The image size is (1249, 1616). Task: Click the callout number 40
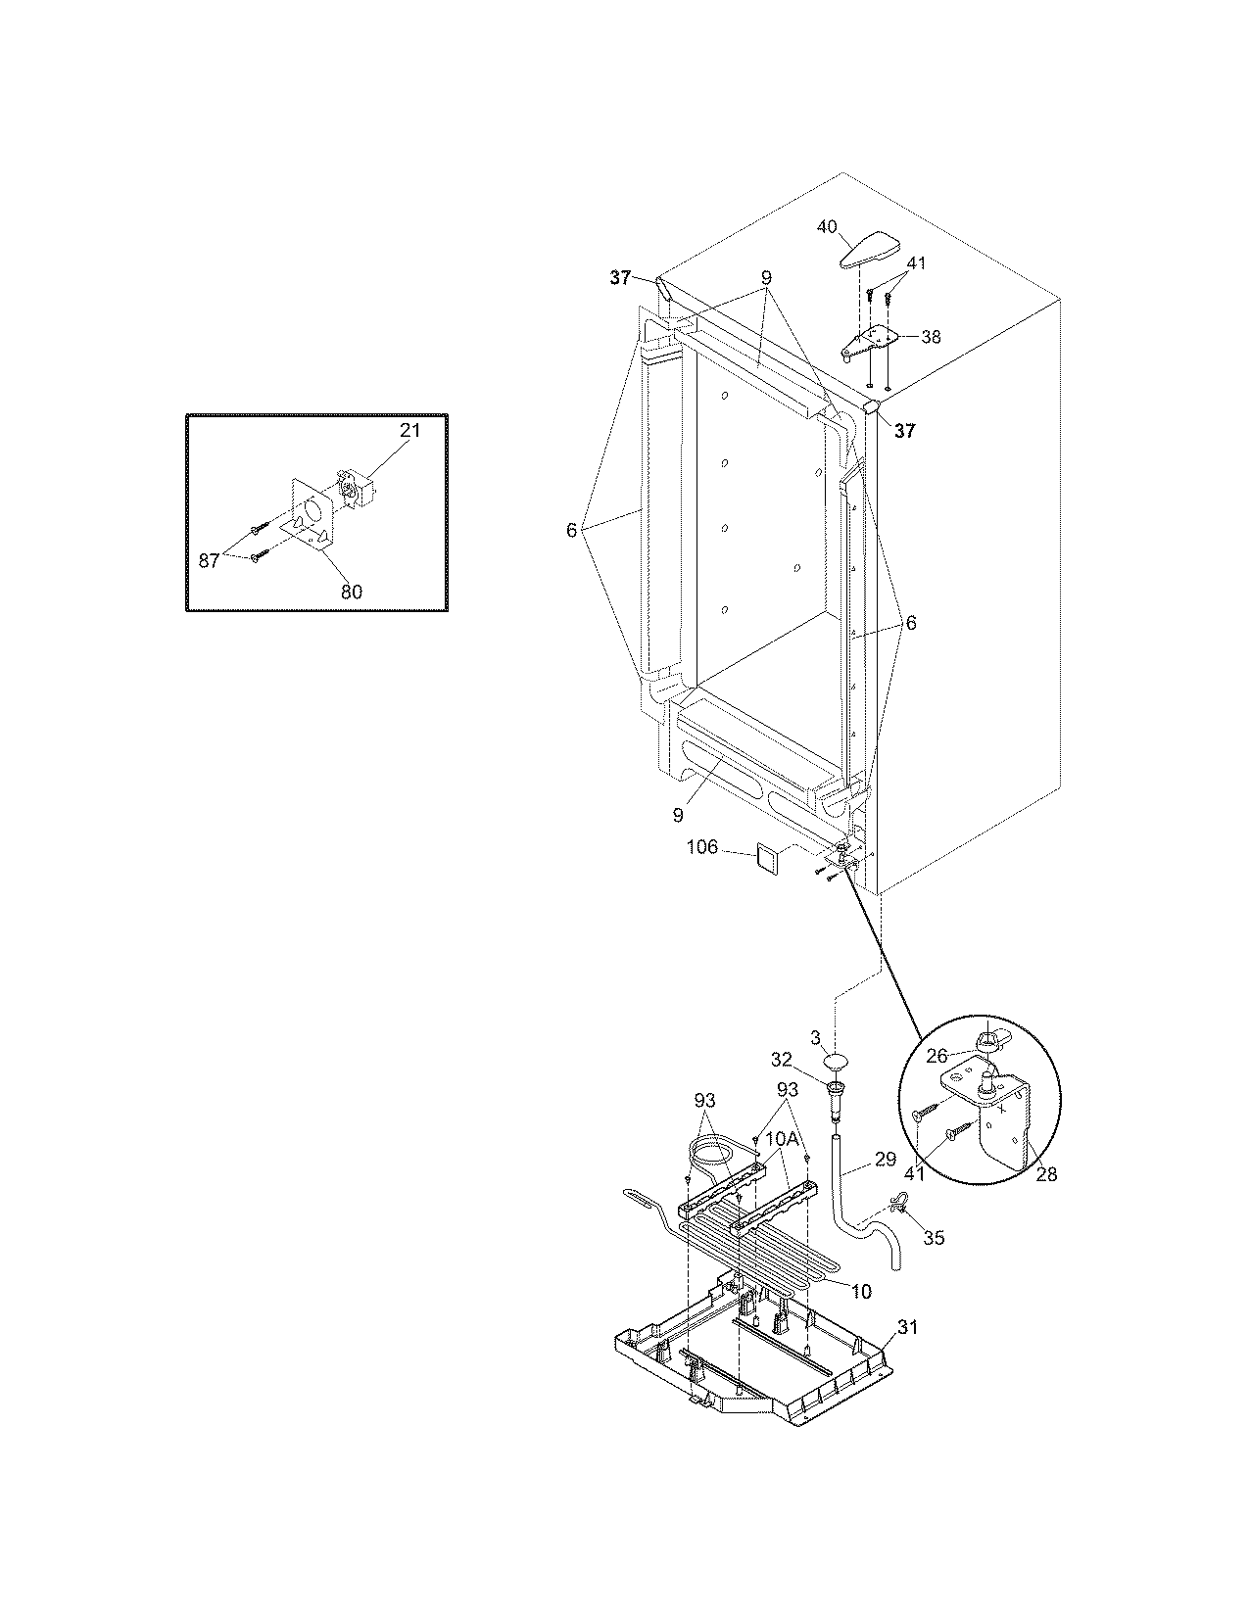[x=828, y=227]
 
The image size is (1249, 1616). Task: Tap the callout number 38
[x=931, y=337]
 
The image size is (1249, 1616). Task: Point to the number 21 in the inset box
[x=409, y=431]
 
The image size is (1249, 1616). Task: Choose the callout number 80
[x=351, y=591]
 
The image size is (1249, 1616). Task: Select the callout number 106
[x=701, y=847]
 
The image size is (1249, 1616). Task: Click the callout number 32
[x=781, y=1059]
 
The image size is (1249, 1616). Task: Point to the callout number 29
[x=885, y=1160]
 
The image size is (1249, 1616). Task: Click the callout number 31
[x=909, y=1327]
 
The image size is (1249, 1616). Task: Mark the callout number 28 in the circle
[x=1046, y=1174]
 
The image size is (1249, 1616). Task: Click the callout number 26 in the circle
[x=937, y=1056]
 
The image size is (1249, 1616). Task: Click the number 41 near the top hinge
[x=916, y=263]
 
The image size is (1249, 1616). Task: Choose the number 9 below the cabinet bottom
[x=678, y=814]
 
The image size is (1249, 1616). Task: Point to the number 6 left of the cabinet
[x=571, y=530]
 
